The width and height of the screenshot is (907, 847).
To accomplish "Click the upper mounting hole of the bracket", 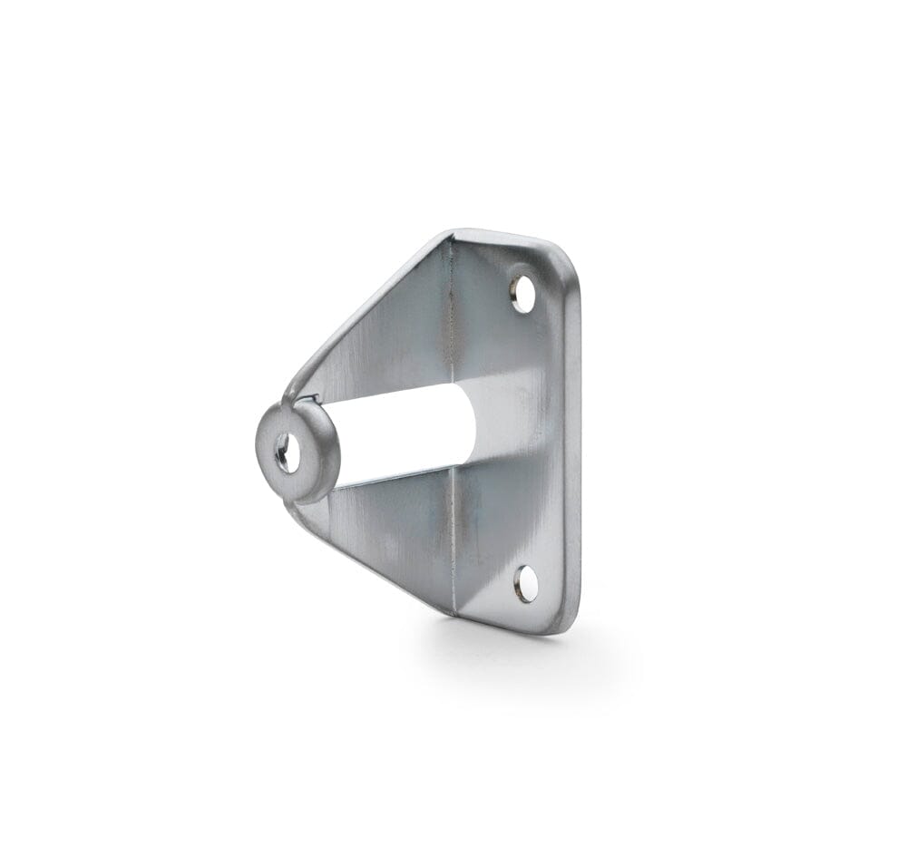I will point(522,293).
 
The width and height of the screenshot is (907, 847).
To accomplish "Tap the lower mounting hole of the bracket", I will point(525,583).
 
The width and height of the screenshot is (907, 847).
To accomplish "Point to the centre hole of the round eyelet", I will point(287,453).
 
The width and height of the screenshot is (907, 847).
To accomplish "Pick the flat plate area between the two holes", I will point(522,435).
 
